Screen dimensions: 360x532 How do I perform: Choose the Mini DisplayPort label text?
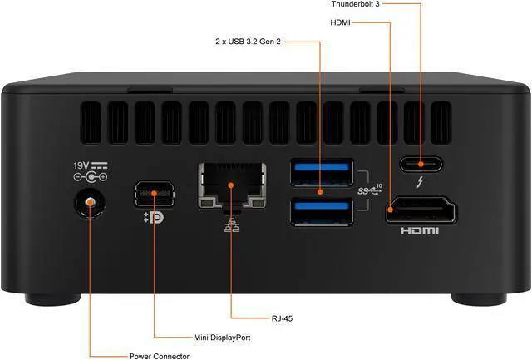[216, 338]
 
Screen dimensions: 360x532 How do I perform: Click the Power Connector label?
[159, 356]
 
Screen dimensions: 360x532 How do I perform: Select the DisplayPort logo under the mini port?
[154, 221]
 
